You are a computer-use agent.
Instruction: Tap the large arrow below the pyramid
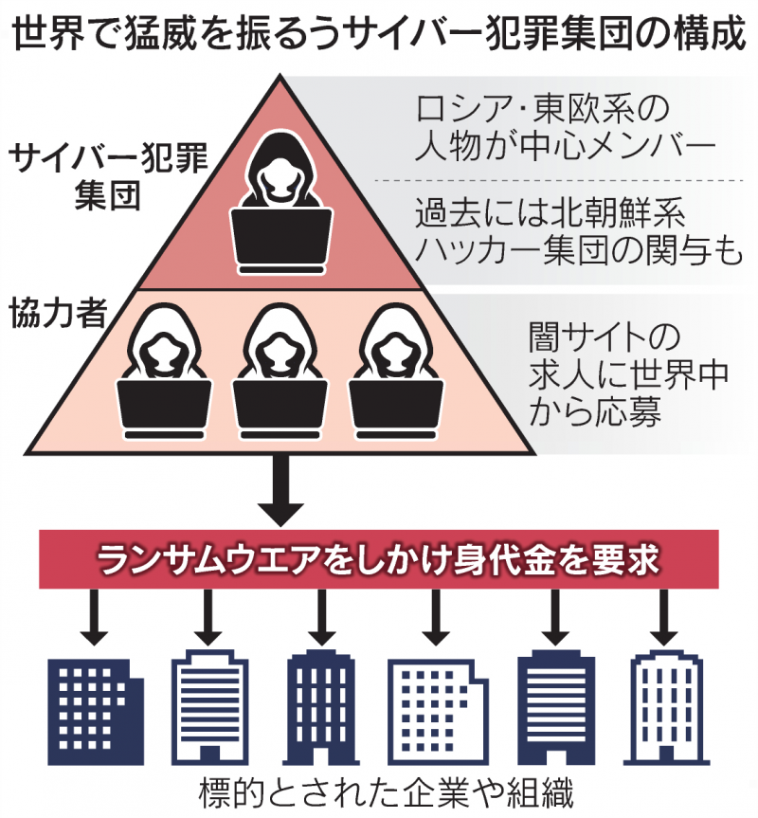point(281,493)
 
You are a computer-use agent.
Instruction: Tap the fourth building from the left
point(435,706)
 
